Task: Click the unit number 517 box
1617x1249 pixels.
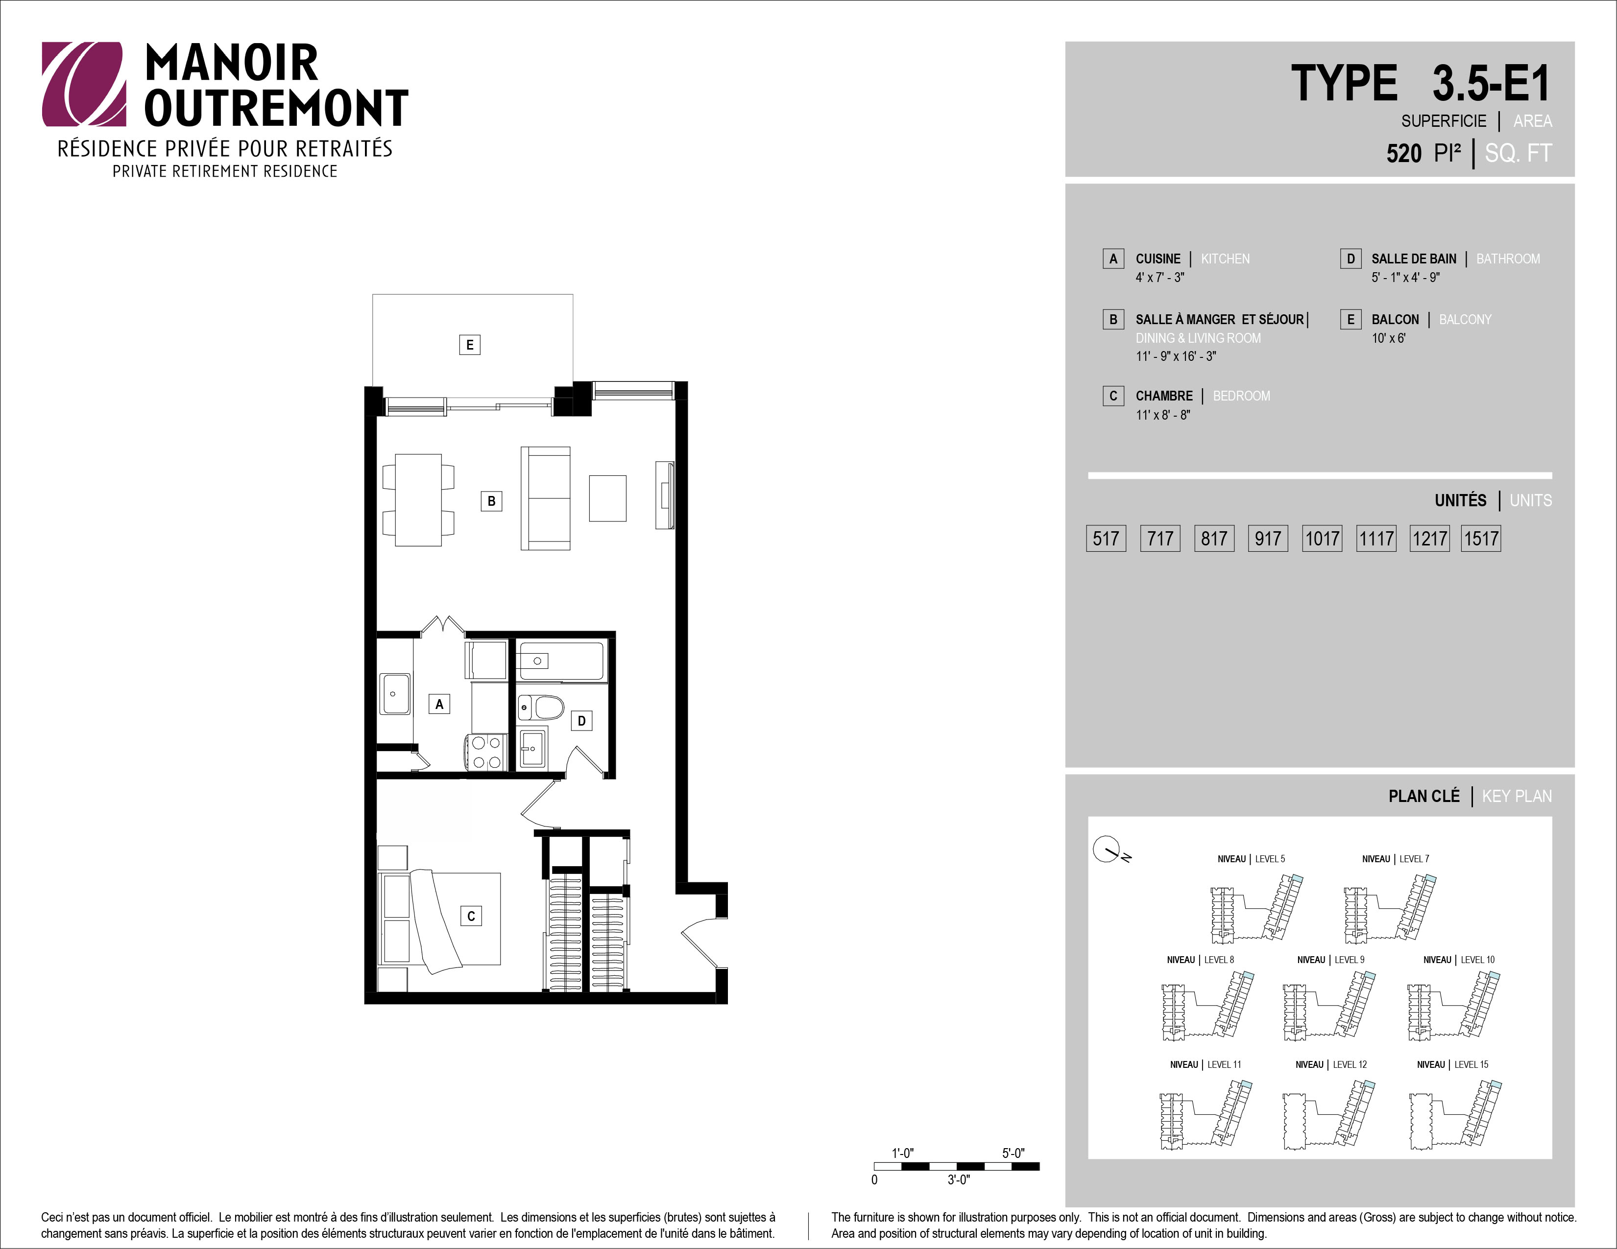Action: coord(1106,539)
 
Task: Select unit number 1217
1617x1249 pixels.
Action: coord(1430,539)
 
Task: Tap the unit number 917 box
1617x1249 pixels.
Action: coord(1268,539)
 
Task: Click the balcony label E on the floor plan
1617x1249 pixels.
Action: coord(469,345)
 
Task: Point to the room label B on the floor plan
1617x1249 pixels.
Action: coord(492,501)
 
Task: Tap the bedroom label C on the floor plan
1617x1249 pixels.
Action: coord(471,916)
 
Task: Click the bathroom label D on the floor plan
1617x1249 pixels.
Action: coord(582,721)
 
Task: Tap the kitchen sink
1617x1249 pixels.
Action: coord(395,694)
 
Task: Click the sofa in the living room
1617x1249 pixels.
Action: coord(546,498)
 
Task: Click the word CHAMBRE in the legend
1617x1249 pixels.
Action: coord(1164,396)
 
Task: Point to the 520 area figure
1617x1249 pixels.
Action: coord(1404,153)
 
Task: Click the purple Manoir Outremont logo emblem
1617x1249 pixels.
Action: coord(84,84)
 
